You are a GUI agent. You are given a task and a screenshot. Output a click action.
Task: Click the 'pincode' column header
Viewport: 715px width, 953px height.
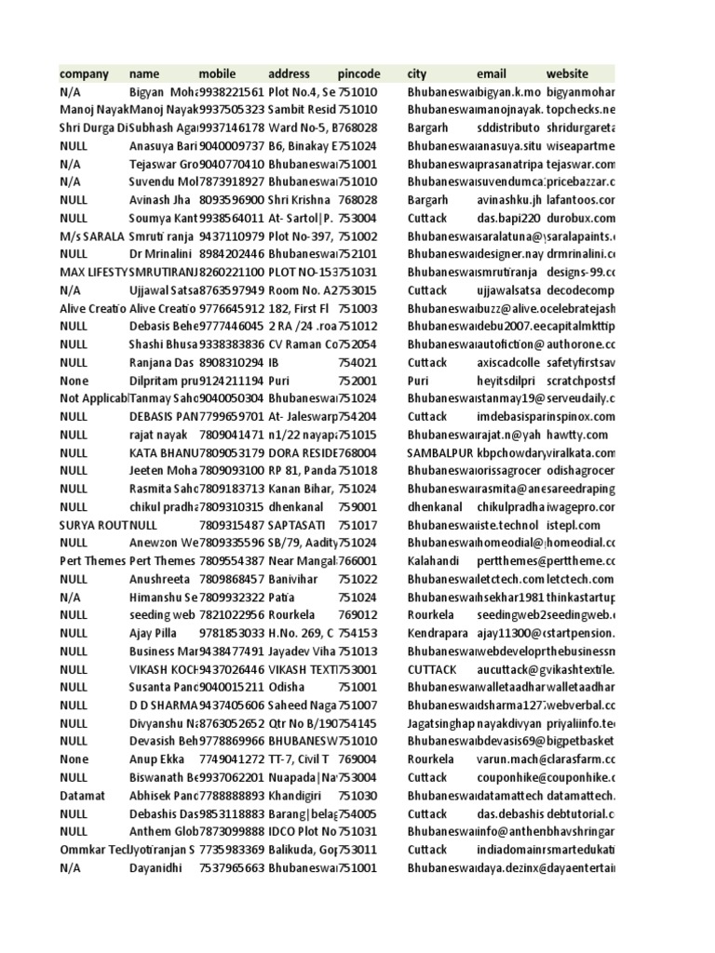pyautogui.click(x=359, y=74)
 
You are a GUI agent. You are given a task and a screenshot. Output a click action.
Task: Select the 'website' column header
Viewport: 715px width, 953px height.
pyautogui.click(x=567, y=74)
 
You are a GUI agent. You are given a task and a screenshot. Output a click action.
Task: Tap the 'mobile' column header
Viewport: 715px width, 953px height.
pyautogui.click(x=219, y=74)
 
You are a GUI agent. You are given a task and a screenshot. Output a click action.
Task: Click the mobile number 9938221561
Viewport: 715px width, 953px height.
pyautogui.click(x=232, y=92)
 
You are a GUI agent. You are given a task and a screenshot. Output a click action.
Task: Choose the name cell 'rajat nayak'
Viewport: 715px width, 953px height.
pyautogui.click(x=158, y=435)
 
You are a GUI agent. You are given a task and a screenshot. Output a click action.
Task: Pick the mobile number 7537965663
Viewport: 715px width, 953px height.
pyautogui.click(x=232, y=867)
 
